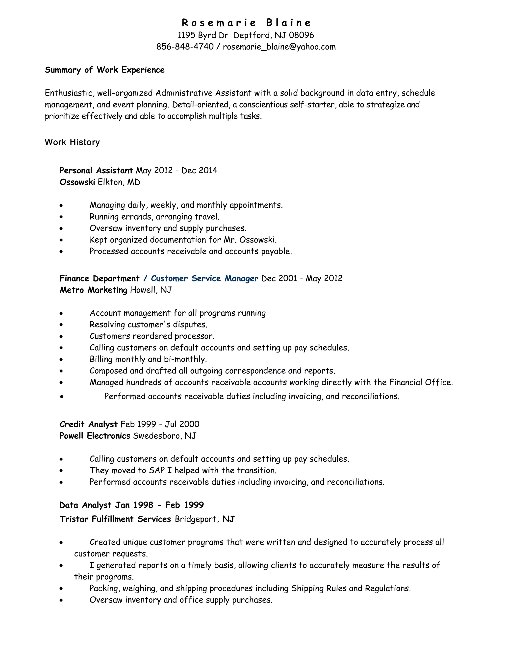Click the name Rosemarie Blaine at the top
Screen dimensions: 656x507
click(x=246, y=23)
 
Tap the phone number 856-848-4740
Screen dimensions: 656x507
click(x=185, y=47)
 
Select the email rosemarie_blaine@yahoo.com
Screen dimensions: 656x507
click(x=279, y=47)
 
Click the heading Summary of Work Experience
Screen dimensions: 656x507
click(x=104, y=70)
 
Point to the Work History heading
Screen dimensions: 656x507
click(x=72, y=142)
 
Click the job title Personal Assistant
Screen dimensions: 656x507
click(x=96, y=171)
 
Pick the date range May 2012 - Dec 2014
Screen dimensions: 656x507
click(x=177, y=171)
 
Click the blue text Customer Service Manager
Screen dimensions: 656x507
click(x=204, y=278)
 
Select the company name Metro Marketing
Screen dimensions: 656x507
click(x=93, y=290)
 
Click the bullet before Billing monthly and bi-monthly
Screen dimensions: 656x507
click(x=61, y=359)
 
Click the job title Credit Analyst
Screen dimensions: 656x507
click(x=88, y=424)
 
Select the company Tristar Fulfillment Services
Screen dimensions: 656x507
click(x=115, y=519)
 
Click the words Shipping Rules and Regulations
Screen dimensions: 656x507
click(x=351, y=588)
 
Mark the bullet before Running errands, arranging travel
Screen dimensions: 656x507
click(x=61, y=217)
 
